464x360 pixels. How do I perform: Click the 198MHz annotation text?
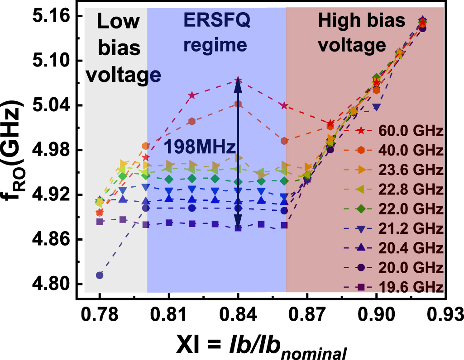coord(200,147)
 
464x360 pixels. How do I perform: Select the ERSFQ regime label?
coord(216,32)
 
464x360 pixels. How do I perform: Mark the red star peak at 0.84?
coord(238,81)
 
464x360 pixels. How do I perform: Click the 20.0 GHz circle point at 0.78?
coord(100,275)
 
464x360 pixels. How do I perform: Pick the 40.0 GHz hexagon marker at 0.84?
coord(238,104)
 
